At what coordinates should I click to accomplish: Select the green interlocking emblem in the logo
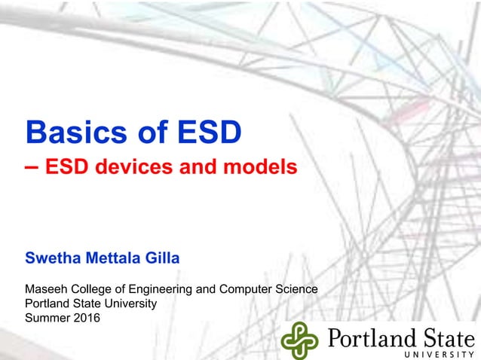click(x=300, y=340)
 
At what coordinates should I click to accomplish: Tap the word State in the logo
click(x=444, y=336)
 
